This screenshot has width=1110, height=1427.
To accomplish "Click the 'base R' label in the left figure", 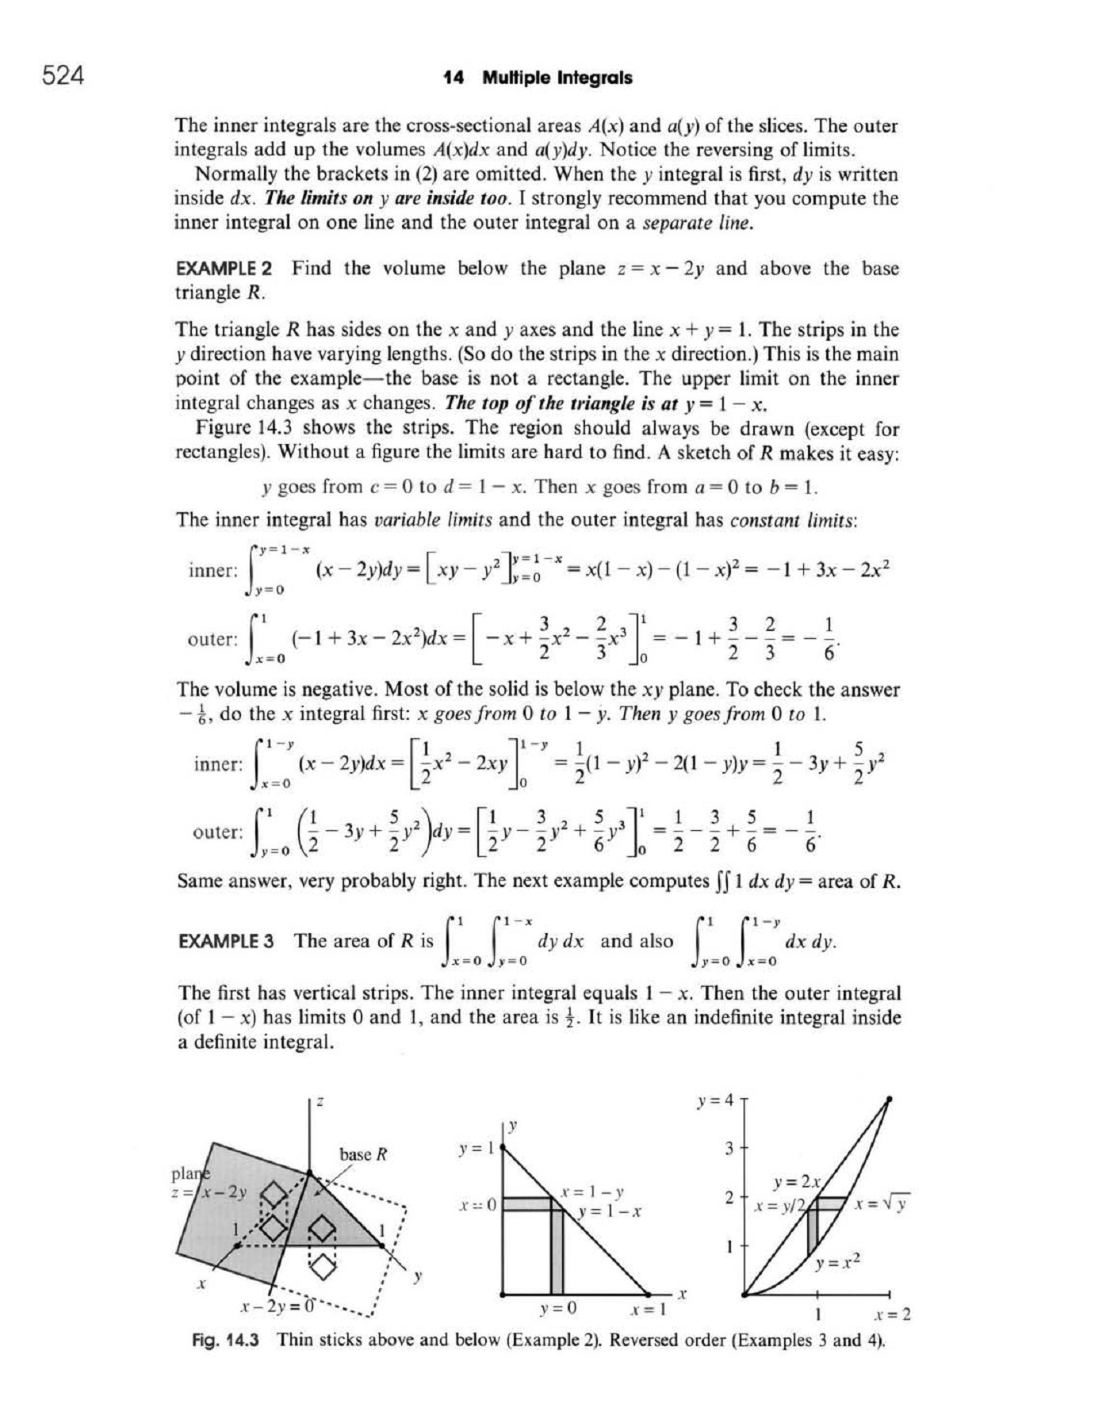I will pyautogui.click(x=362, y=1154).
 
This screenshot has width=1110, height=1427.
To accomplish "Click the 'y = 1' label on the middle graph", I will pyautogui.click(x=477, y=1148).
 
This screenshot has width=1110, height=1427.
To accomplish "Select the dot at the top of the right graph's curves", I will pyautogui.click(x=889, y=1099).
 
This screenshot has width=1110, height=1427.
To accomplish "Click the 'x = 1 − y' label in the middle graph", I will pyautogui.click(x=592, y=1192).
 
